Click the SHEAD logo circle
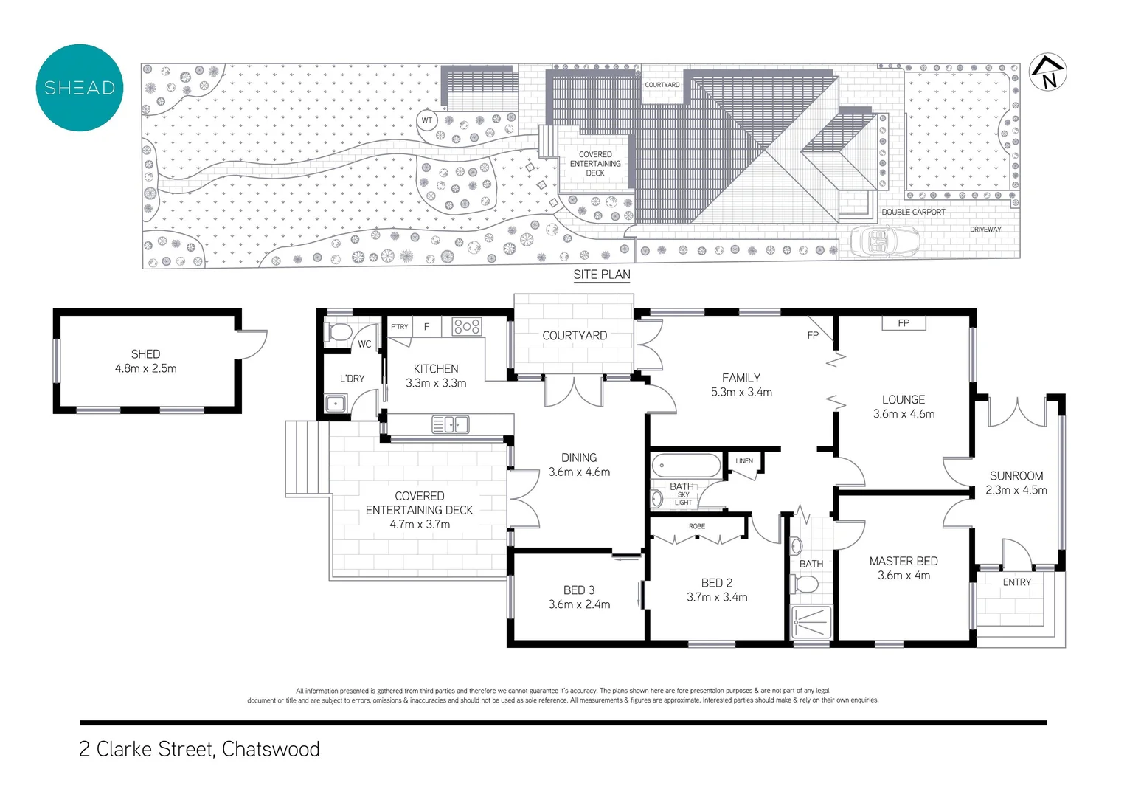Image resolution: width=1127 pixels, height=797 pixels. coord(80,88)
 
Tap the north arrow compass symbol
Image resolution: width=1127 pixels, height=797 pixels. coord(1047,72)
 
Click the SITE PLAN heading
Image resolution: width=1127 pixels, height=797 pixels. coord(602,275)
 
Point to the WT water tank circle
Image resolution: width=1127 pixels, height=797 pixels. coord(427,120)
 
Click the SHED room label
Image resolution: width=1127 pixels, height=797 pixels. coord(145,354)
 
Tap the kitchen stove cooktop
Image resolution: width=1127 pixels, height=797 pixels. coord(467,326)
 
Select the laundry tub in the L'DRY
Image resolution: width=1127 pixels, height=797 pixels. coord(336,404)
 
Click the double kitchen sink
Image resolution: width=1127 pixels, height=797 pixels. coord(451,424)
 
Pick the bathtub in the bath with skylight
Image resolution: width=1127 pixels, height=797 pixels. coord(686,466)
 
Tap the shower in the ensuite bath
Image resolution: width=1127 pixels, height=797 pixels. coord(811,622)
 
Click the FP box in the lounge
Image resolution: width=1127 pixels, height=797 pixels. coord(904,323)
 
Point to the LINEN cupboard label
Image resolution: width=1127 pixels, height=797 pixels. coord(744,461)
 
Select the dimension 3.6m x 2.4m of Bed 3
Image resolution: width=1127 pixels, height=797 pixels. coord(579,604)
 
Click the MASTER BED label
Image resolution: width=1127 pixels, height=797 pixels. coord(904,561)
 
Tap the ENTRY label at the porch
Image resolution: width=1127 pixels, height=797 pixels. coord(1016,582)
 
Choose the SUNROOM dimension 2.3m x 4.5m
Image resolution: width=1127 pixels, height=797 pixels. coord(1016,490)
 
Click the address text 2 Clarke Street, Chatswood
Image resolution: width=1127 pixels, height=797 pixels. coord(199,749)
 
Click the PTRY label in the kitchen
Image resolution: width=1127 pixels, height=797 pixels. coord(399,326)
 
